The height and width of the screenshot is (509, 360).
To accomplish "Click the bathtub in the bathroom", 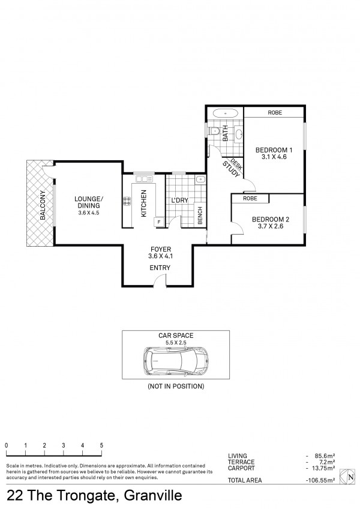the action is point(225,113).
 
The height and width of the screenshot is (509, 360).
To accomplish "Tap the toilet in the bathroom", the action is point(214,131).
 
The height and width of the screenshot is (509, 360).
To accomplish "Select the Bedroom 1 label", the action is point(274,150).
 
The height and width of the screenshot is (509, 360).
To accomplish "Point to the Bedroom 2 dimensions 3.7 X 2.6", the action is point(271,226).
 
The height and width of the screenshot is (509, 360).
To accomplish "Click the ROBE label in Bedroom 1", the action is point(275,113).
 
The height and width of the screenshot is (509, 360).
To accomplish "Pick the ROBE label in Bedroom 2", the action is point(250,198).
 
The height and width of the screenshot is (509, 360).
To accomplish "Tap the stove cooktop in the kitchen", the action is point(127,201).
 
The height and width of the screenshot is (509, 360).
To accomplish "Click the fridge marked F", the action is point(159,222).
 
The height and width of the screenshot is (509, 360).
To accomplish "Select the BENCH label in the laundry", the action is point(200,215).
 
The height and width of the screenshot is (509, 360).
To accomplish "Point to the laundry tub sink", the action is point(200,179).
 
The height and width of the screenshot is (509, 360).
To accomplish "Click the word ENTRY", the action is point(160,268).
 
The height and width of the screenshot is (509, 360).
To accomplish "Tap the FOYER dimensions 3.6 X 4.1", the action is point(160,256).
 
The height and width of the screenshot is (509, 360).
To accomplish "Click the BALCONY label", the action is point(43,205).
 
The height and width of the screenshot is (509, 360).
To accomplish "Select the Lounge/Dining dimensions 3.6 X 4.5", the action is point(89,213).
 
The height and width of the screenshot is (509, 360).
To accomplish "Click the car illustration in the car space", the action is point(176,361).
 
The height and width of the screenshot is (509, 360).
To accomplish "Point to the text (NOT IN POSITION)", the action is point(176,387).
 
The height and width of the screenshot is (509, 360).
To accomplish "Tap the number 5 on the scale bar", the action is point(101,445).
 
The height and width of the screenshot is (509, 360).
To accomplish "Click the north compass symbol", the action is point(347,477).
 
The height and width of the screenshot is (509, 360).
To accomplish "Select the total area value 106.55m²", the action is point(320,480).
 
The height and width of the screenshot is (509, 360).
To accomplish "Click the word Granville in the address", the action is point(153,496).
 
